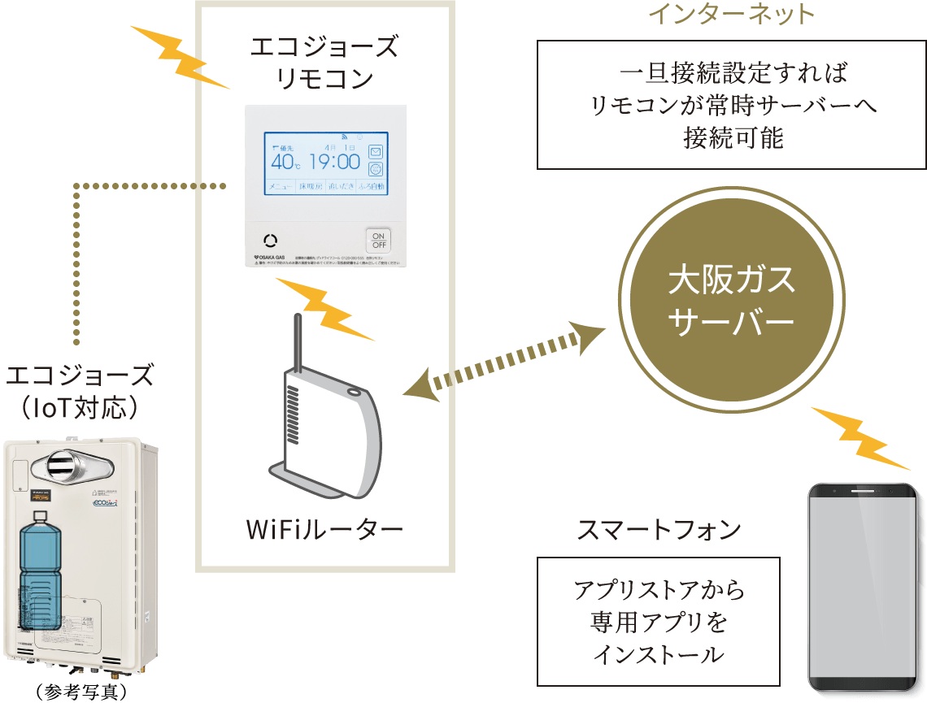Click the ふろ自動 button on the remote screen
click(x=372, y=187)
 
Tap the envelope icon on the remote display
click(x=376, y=151)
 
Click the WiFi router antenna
click(x=296, y=341)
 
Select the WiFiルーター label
click(x=324, y=531)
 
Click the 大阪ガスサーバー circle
click(x=730, y=302)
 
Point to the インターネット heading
click(x=729, y=14)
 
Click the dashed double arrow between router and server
click(x=504, y=361)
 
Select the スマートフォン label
click(x=659, y=530)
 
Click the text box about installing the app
click(x=658, y=621)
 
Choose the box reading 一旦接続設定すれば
click(x=732, y=106)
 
